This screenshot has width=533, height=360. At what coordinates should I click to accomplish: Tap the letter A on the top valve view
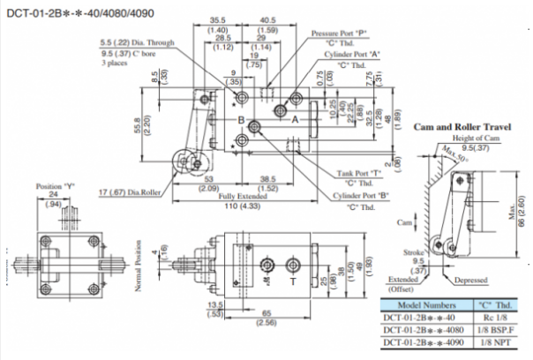click(297, 118)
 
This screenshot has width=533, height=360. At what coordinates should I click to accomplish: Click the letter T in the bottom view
click(292, 285)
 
